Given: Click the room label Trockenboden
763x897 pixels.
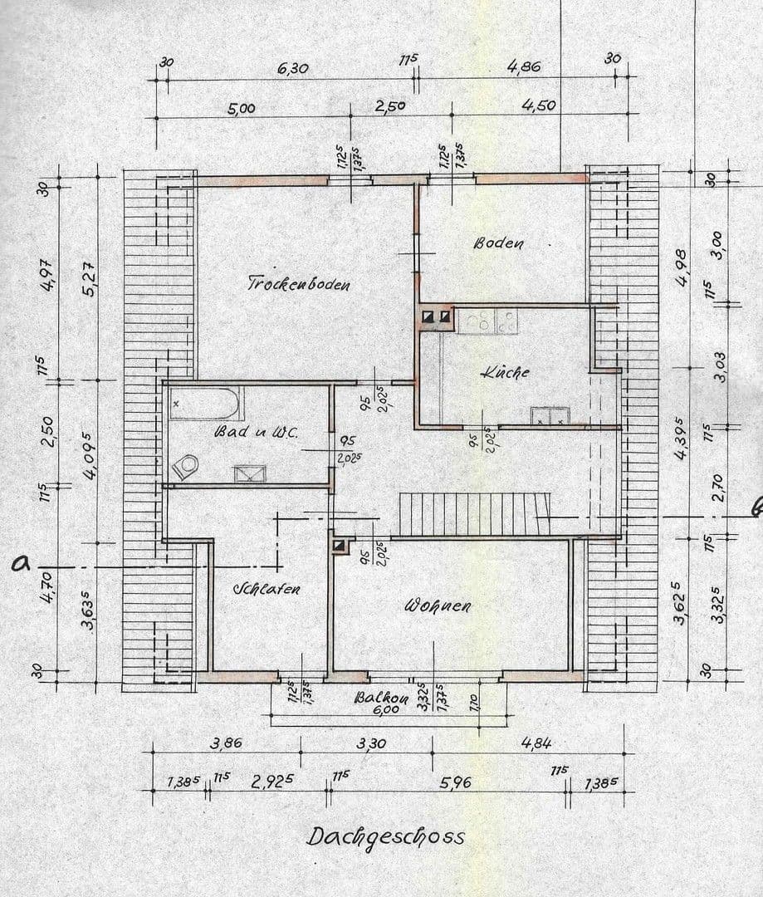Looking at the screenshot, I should pos(299,283).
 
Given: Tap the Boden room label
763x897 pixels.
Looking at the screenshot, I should pos(498,243).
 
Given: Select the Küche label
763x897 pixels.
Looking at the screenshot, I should pos(505,373).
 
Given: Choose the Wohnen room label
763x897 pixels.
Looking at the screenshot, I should pos(438,605).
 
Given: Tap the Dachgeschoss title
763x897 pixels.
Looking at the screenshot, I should pos(385,836).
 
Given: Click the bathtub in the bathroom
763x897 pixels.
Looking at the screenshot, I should pos(205,404).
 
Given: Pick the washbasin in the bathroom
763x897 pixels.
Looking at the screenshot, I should pos(249,474).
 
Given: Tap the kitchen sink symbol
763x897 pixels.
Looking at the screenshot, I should pos(549,416).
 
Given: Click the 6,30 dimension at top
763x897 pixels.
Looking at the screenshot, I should pos(292,68).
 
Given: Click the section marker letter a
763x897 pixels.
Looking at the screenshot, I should pos(21,564).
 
